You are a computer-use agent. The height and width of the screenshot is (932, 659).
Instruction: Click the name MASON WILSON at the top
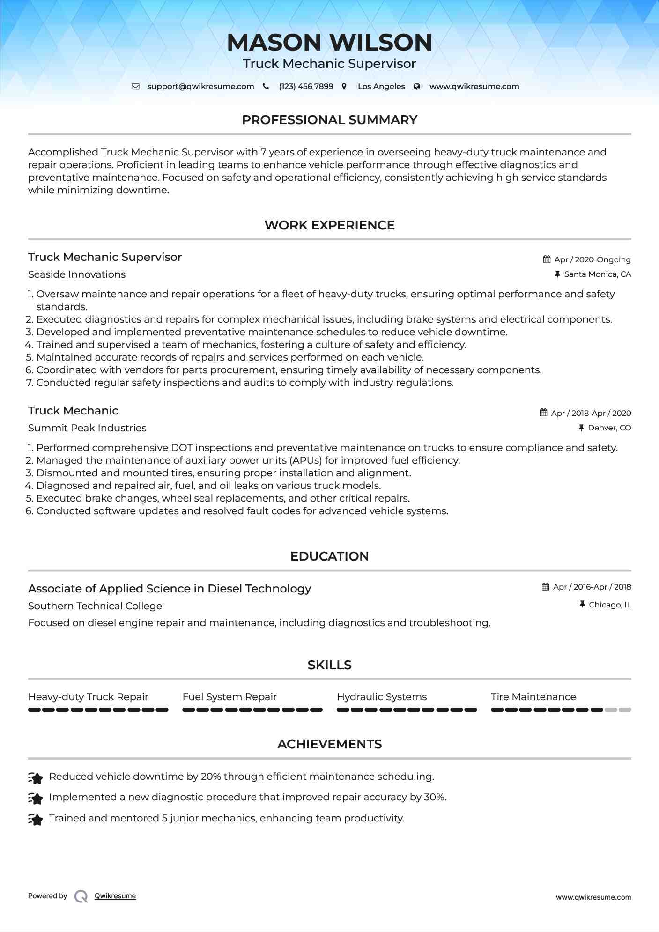(329, 42)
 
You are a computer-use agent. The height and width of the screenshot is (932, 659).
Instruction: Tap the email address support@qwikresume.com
(200, 86)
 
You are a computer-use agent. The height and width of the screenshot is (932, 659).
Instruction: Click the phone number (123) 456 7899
(306, 86)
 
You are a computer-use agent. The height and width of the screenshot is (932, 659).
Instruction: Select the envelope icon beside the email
(135, 86)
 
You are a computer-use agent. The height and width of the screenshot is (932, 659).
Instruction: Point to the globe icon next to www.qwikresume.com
(417, 86)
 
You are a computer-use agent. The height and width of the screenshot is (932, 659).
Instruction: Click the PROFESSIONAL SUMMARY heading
(329, 120)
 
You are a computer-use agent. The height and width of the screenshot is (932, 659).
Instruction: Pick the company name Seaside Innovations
(77, 274)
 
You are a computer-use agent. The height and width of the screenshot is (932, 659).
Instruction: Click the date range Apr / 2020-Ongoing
(592, 259)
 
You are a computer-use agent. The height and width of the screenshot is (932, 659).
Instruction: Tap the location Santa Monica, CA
(597, 274)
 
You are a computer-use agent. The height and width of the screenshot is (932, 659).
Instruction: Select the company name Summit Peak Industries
(87, 428)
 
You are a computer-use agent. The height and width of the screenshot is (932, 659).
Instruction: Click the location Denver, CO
(609, 428)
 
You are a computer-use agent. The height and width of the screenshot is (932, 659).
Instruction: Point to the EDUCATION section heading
(329, 556)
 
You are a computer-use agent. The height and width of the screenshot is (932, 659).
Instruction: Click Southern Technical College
(95, 606)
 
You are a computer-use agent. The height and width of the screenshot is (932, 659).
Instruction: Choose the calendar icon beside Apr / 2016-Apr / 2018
(546, 587)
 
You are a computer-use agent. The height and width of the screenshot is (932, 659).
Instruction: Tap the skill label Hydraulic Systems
(382, 697)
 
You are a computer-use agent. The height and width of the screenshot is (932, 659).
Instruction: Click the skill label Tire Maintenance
(533, 697)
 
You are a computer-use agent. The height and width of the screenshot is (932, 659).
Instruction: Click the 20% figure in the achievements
(211, 777)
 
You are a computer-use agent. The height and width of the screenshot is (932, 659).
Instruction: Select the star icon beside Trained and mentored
(36, 819)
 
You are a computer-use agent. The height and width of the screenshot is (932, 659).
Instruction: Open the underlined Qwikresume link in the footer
(115, 896)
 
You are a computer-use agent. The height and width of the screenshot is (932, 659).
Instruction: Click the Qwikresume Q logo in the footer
(81, 896)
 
